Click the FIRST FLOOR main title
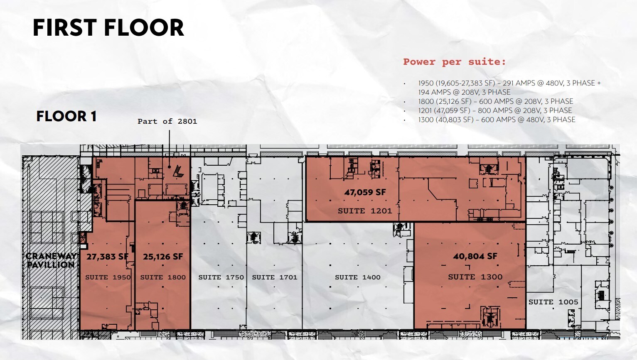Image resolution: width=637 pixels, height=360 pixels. (x=108, y=28)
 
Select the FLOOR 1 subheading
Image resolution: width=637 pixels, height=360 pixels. (x=66, y=116)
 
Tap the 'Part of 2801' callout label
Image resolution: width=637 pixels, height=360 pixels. (x=167, y=121)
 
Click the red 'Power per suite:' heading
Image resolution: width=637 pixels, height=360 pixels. (x=454, y=62)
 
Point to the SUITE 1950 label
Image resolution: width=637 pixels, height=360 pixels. (x=108, y=277)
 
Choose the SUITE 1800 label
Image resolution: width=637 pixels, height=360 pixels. (x=163, y=277)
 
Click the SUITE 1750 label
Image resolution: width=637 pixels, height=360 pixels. (x=221, y=277)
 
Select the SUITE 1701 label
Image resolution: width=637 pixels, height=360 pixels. (x=275, y=277)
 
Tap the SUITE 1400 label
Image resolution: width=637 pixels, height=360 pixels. (x=358, y=277)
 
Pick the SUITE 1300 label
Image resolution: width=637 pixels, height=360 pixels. (x=475, y=277)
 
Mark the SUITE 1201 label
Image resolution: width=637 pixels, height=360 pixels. (x=365, y=211)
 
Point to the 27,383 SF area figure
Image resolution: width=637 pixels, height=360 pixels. (x=107, y=257)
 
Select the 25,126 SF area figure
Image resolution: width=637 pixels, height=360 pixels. (x=163, y=257)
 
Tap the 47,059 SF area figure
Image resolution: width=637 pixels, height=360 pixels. (x=365, y=192)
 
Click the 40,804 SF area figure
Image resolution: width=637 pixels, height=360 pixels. (x=475, y=256)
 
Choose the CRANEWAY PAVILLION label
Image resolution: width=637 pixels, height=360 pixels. (x=51, y=260)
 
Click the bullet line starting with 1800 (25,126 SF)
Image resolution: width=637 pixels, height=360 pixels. (x=495, y=101)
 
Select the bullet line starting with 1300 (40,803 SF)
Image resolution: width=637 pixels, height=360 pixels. (x=497, y=120)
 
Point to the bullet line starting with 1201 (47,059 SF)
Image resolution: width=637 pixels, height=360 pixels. (x=495, y=110)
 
